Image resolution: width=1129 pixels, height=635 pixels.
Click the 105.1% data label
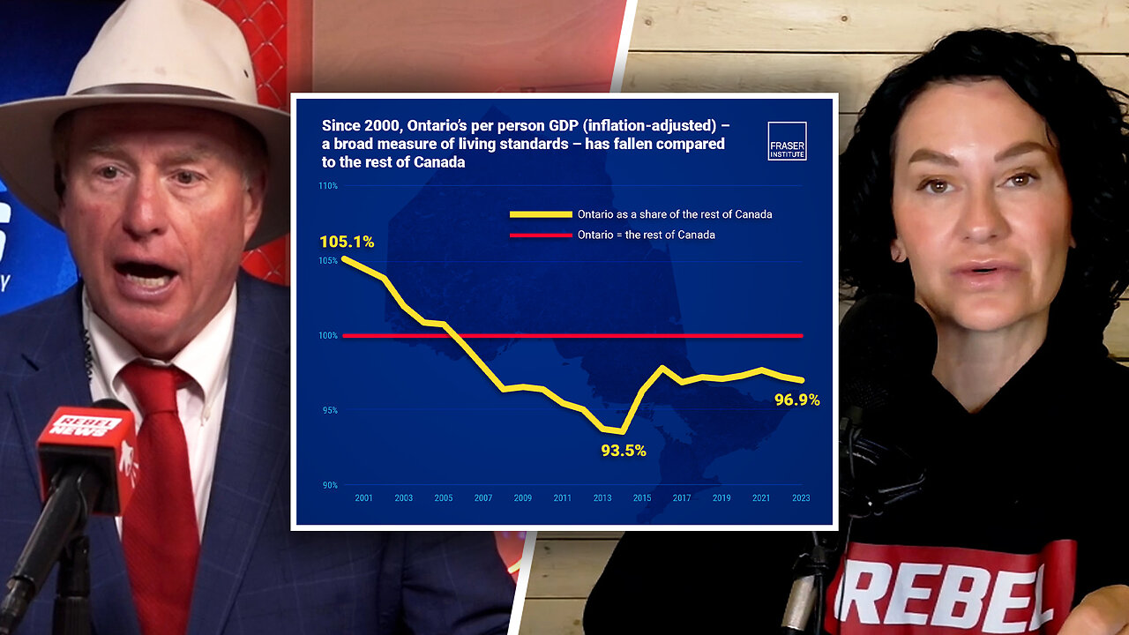pyautogui.click(x=347, y=242)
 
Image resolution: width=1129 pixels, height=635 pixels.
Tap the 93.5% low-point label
pyautogui.click(x=624, y=451)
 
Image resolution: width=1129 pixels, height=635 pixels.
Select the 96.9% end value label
pyautogui.click(x=797, y=400)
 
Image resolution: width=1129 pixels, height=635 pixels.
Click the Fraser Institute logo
pyautogui.click(x=787, y=140)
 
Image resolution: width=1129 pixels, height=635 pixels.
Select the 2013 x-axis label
pyautogui.click(x=602, y=498)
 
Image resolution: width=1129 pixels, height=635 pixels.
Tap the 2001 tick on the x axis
pyautogui.click(x=363, y=498)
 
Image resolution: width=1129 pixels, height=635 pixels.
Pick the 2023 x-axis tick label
pyautogui.click(x=800, y=498)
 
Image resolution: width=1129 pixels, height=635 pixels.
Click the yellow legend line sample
pyautogui.click(x=540, y=214)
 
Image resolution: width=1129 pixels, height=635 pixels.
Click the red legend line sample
pyautogui.click(x=540, y=235)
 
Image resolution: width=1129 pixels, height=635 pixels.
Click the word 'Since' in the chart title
pyautogui.click(x=340, y=125)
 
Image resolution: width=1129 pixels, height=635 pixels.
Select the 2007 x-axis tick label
pyautogui.click(x=483, y=498)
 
